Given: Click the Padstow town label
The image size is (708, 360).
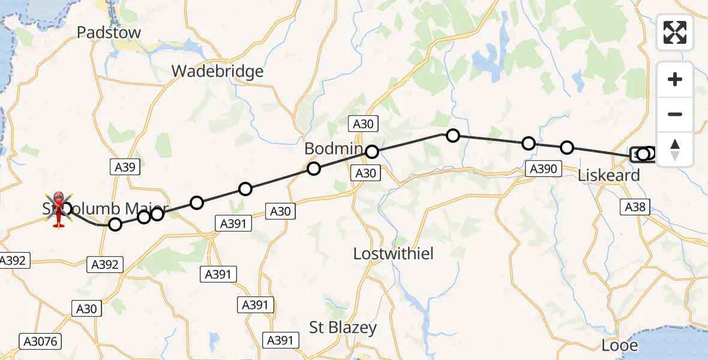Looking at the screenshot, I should (109, 32).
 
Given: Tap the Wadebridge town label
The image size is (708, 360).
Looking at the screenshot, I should (217, 71).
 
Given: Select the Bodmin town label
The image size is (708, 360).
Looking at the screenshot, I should (334, 149).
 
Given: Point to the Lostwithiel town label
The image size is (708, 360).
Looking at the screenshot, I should (394, 254).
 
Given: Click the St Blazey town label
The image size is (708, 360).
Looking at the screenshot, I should (343, 328).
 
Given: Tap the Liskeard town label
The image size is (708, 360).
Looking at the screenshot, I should (609, 176).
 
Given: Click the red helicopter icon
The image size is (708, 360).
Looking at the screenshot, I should (59, 209).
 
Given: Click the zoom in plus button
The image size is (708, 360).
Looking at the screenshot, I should (675, 80).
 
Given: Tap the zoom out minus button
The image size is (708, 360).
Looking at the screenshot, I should (675, 114).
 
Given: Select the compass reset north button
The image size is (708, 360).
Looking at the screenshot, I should (675, 149).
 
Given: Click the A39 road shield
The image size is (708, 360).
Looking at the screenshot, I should (125, 167).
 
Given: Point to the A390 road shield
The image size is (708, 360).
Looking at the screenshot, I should (544, 169).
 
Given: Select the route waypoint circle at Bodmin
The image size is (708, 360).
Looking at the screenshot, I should (372, 152).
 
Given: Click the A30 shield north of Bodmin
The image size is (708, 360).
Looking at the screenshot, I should (362, 124).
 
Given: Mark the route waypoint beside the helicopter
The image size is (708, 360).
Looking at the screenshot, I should (66, 209).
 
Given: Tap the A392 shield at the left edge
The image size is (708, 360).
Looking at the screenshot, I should (12, 260).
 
